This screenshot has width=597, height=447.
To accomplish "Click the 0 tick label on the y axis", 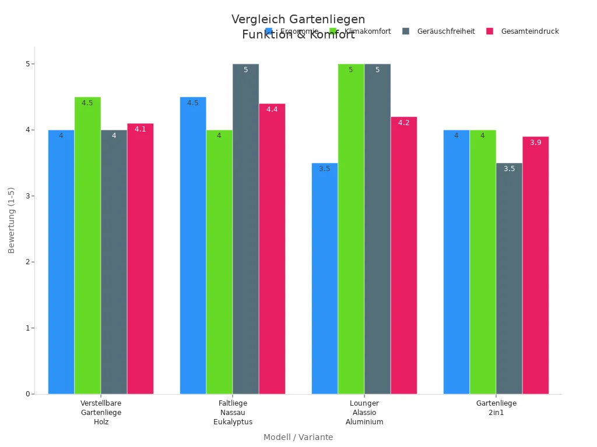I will pyautogui.click(x=27, y=394).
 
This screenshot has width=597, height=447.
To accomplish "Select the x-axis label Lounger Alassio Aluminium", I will pyautogui.click(x=364, y=413).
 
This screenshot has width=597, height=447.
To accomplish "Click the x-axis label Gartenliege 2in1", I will pyautogui.click(x=496, y=408).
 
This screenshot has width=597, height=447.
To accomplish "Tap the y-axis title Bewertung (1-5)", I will pyautogui.click(x=12, y=220).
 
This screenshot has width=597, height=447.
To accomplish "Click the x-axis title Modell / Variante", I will pyautogui.click(x=298, y=437).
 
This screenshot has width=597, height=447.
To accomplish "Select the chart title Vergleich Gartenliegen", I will pyautogui.click(x=298, y=19).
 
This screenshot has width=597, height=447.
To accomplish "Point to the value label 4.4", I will pyautogui.click(x=272, y=109).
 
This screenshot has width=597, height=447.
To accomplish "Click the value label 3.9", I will pyautogui.click(x=535, y=143).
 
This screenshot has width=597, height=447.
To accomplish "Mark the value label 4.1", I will pyautogui.click(x=140, y=129).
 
